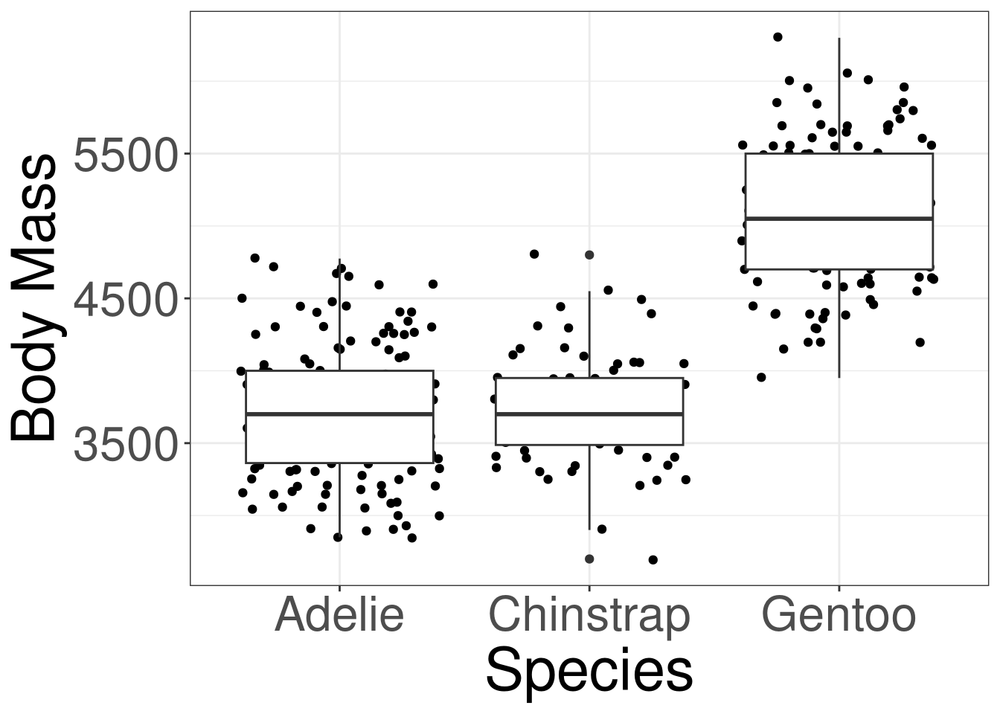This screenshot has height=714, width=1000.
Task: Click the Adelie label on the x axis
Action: coord(339,616)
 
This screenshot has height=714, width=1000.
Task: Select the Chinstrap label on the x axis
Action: coord(589,616)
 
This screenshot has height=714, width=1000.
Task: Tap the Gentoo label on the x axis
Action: coord(839,616)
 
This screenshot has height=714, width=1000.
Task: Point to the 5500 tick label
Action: coord(127,154)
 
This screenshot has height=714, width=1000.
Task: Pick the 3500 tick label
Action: coord(127,443)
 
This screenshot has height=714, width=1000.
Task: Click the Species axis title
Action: coord(589,671)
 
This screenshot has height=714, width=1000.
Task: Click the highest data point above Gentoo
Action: coord(778,36)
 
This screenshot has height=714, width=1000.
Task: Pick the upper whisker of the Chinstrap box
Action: coord(589,335)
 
